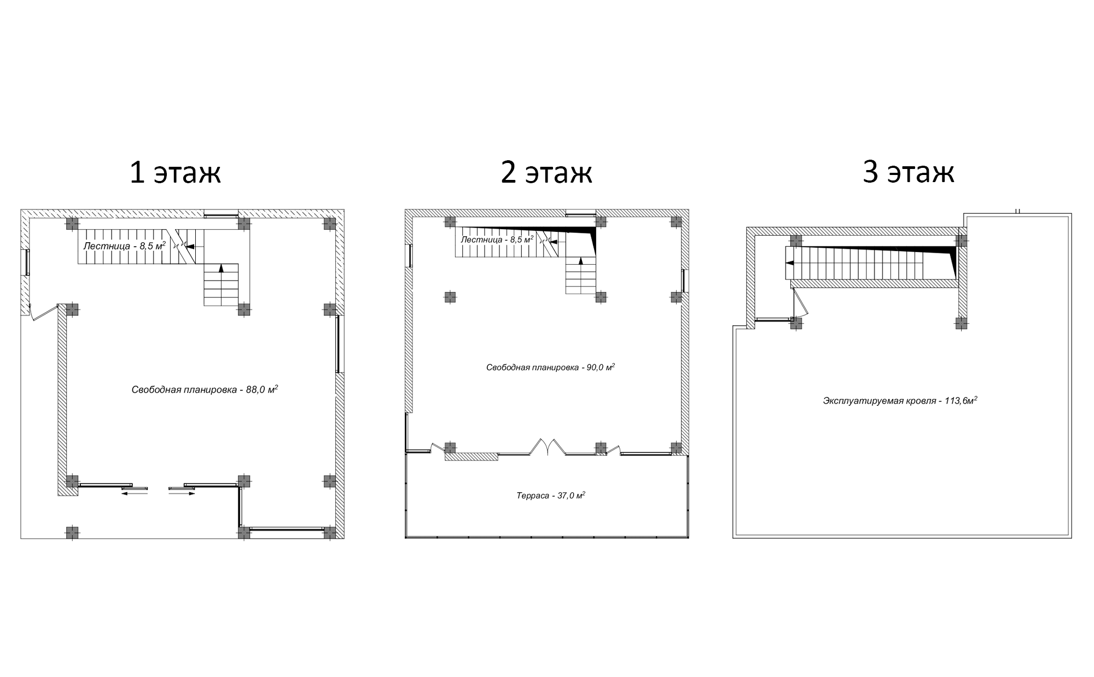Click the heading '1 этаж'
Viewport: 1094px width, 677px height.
point(175,172)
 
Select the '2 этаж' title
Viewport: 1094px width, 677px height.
point(546,172)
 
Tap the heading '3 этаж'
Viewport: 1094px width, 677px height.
point(908,172)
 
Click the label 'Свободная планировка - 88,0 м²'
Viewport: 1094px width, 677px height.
point(205,389)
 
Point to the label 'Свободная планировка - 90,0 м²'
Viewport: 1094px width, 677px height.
point(550,367)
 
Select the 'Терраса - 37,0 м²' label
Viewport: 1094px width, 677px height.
point(550,495)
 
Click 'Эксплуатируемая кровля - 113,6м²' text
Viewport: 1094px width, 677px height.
point(900,400)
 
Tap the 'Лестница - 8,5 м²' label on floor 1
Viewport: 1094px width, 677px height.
point(124,246)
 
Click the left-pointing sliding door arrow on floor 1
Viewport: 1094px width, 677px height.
point(134,493)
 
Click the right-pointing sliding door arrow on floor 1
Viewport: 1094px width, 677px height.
point(182,493)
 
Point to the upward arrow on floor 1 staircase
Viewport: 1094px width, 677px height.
point(222,268)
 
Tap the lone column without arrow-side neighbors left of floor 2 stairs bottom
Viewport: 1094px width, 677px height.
point(450,297)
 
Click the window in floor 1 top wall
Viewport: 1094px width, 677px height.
point(221,213)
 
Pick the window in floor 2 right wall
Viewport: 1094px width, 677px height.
point(683,281)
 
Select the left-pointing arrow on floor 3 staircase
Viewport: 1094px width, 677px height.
point(790,263)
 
